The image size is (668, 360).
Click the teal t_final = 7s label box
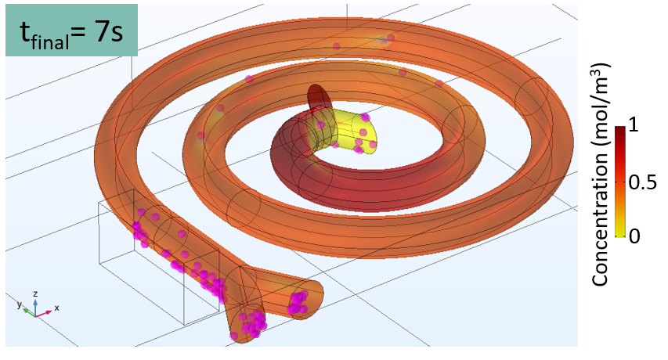71,31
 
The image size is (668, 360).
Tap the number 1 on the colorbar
634,125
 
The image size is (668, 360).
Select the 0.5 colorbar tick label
643,182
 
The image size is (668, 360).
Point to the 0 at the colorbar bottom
634,236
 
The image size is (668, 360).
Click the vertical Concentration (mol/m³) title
601,175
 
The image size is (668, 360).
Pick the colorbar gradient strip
620,182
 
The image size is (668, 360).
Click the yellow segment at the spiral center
349,131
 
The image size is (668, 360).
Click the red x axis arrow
43,314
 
